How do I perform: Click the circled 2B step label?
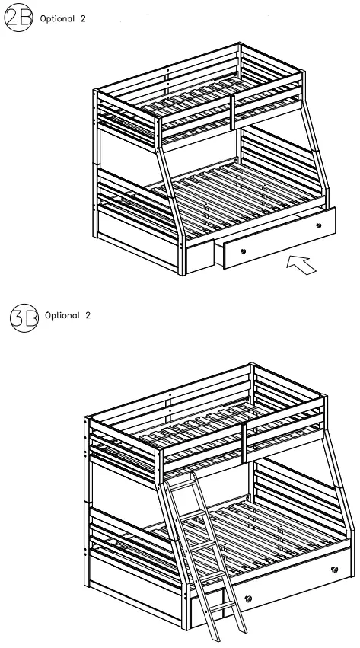point(18,18)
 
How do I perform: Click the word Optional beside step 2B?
point(57,18)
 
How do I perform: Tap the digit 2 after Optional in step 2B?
point(83,18)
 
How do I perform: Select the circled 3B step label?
point(24,316)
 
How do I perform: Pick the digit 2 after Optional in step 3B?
point(88,315)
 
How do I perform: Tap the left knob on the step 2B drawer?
point(243,251)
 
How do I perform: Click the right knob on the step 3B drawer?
point(334,569)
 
